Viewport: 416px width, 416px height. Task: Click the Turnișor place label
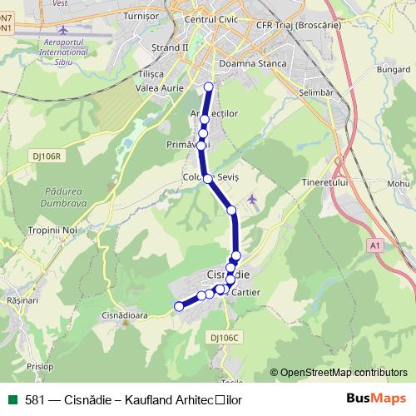point(140,16)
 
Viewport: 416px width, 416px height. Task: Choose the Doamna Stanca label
point(250,64)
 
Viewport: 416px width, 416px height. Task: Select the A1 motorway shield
point(375,245)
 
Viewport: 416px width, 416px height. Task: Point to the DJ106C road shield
point(224,336)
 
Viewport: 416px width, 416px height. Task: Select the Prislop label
point(39,366)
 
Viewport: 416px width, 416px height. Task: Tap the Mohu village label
point(399,182)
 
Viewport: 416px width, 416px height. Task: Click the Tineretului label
point(324,182)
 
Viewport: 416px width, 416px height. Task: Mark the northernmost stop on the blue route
point(209,87)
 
